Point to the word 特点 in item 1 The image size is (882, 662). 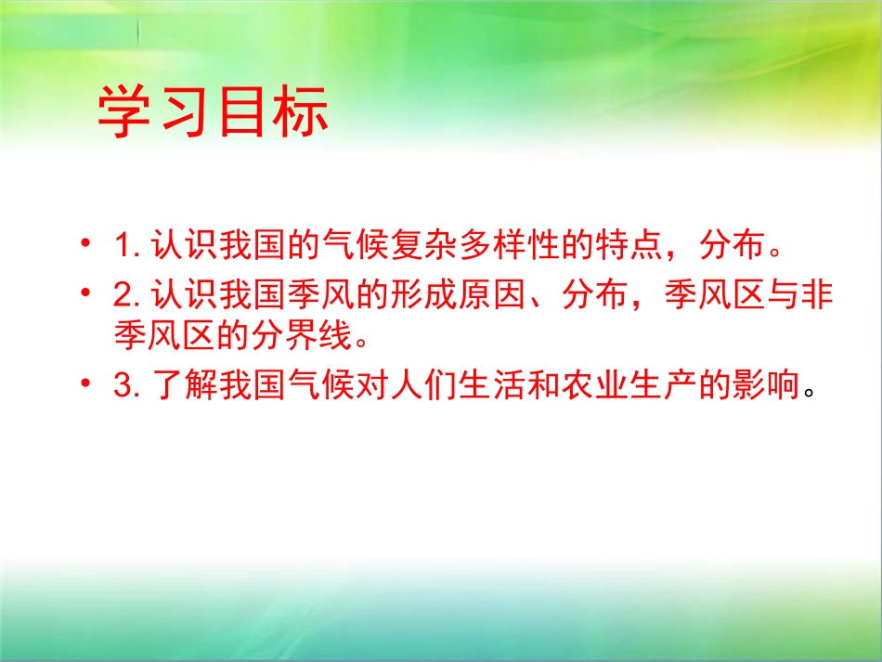click(639, 248)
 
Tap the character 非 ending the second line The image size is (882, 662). click(816, 297)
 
